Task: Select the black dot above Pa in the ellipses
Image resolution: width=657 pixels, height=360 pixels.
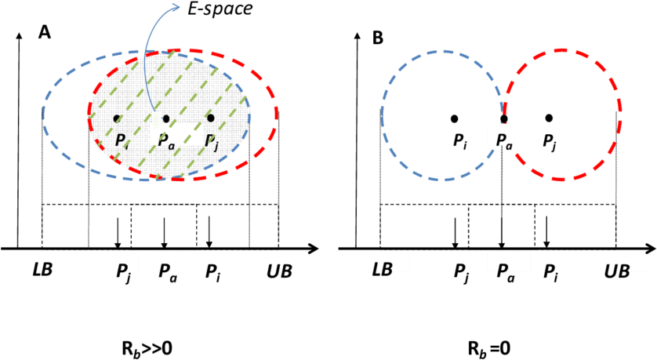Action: pyautogui.click(x=166, y=118)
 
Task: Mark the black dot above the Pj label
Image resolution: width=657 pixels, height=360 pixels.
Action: pyautogui.click(x=210, y=118)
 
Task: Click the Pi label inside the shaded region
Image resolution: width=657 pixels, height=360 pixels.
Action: pyautogui.click(x=121, y=140)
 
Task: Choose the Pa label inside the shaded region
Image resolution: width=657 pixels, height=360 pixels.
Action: pyautogui.click(x=167, y=140)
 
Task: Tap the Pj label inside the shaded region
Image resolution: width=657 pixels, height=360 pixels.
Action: pyautogui.click(x=211, y=140)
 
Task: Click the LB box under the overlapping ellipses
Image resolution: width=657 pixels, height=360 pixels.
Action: pyautogui.click(x=53, y=265)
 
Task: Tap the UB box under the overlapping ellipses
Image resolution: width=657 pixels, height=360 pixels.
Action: pyautogui.click(x=286, y=266)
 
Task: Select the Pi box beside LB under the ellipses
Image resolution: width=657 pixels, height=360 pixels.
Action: pyautogui.click(x=123, y=266)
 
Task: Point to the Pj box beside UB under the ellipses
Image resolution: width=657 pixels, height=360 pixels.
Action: pyautogui.click(x=213, y=266)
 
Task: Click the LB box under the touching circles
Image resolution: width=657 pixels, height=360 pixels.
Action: pyautogui.click(x=387, y=263)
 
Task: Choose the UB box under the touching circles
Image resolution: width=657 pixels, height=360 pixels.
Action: pyautogui.click(x=622, y=264)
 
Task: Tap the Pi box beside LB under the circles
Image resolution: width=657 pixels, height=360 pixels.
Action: pyautogui.click(x=461, y=265)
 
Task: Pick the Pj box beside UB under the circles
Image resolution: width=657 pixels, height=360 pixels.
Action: pyautogui.click(x=550, y=265)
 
